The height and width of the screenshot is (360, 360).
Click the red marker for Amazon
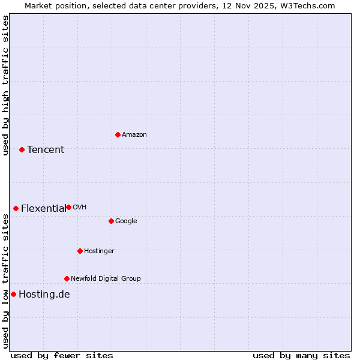[x=118, y=134]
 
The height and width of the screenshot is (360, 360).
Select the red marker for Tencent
[x=22, y=149]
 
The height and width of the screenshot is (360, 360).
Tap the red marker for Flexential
[x=16, y=208]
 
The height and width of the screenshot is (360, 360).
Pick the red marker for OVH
[x=68, y=207]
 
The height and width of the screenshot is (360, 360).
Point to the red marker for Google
[x=111, y=221]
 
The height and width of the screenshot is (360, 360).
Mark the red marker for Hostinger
[x=80, y=251]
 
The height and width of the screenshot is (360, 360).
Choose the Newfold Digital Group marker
[x=67, y=278]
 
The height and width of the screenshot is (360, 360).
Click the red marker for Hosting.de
[x=13, y=294]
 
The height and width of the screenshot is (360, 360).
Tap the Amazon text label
[x=134, y=135]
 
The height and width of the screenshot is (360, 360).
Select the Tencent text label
[x=46, y=150]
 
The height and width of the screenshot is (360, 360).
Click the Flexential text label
[x=43, y=209]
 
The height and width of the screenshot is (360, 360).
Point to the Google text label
[x=126, y=221]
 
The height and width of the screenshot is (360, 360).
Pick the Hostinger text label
[x=99, y=251]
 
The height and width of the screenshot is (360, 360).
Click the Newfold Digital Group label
[x=106, y=279]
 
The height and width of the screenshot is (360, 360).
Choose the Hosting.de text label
[x=44, y=295]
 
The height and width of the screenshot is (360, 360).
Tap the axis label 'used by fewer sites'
[x=62, y=355]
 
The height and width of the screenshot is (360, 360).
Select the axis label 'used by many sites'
[x=301, y=355]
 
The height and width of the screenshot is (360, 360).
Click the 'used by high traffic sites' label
[x=5, y=85]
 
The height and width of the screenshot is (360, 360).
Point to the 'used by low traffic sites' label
[x=5, y=280]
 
